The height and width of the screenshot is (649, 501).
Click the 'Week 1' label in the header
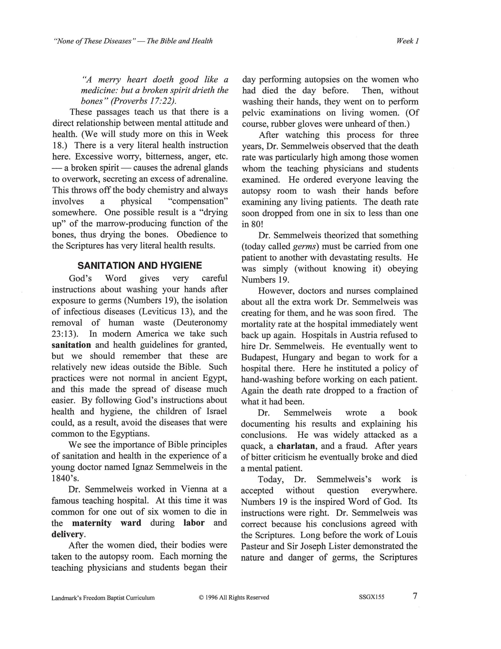click(x=407, y=41)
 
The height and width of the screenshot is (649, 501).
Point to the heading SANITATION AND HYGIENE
click(x=140, y=265)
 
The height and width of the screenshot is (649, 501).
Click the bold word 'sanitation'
click(x=71, y=345)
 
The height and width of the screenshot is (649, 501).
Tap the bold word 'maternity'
click(x=92, y=523)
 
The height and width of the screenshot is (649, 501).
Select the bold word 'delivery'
click(x=67, y=534)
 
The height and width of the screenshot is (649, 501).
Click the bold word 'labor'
click(x=194, y=523)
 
